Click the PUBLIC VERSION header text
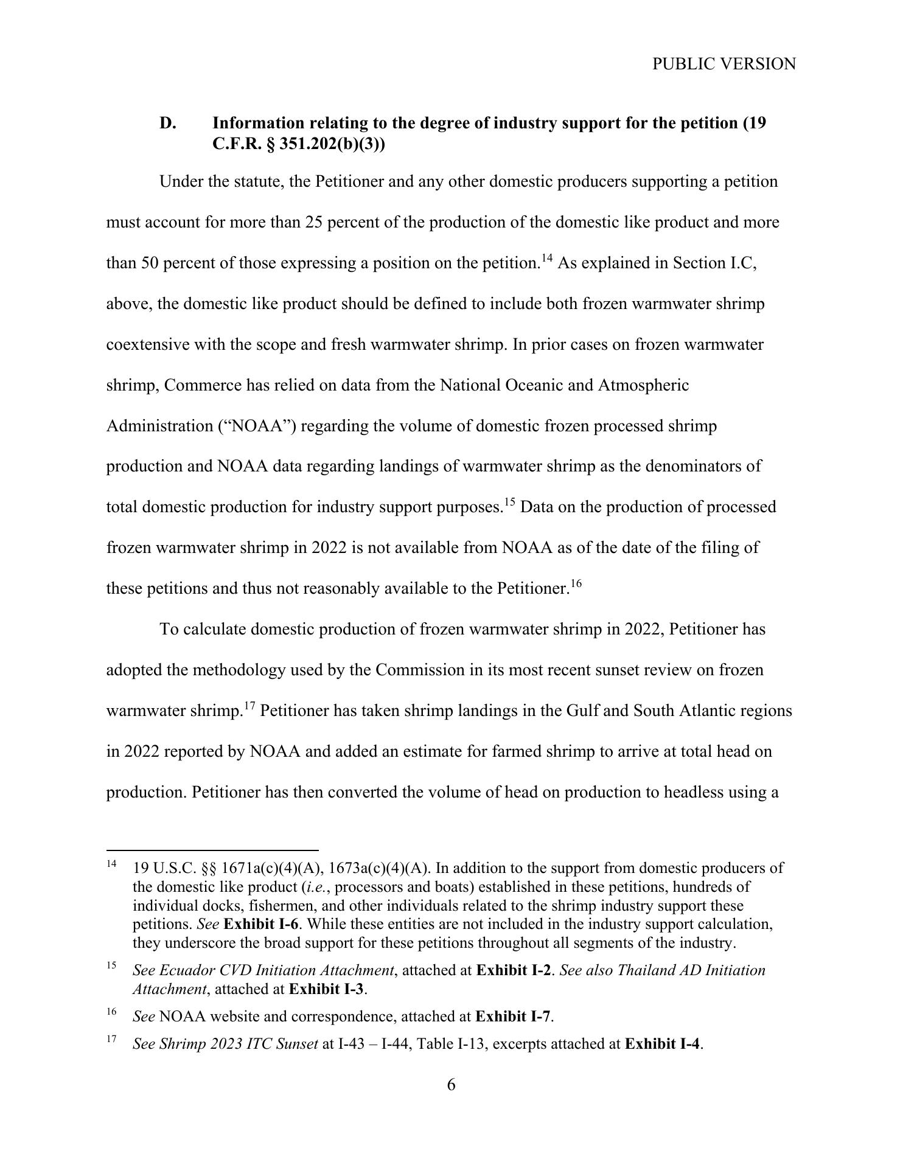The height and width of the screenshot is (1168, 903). [723, 64]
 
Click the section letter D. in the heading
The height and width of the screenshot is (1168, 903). [168, 123]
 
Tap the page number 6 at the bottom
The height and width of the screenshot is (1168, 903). [451, 1085]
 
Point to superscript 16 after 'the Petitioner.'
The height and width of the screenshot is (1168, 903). [576, 584]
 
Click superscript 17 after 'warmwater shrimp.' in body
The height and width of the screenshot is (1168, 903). [249, 706]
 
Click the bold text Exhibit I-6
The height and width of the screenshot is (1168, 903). [261, 924]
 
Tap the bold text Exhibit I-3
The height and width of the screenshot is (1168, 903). [326, 989]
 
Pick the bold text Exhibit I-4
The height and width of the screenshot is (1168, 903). [663, 1044]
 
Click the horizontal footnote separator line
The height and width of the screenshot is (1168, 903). [212, 850]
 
